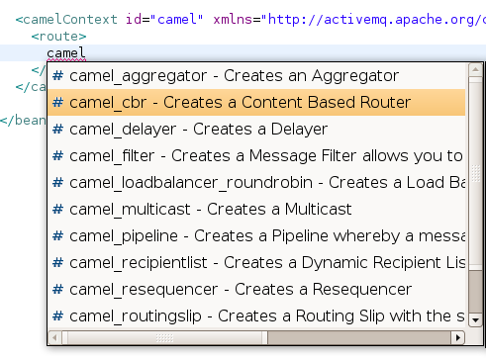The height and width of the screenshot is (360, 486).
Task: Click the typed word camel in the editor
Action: [x=66, y=51]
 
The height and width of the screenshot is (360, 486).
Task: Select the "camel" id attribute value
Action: [x=177, y=18]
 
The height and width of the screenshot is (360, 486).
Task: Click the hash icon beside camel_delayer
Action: [x=58, y=130]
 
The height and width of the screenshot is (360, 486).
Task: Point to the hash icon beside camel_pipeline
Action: [x=58, y=236]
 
